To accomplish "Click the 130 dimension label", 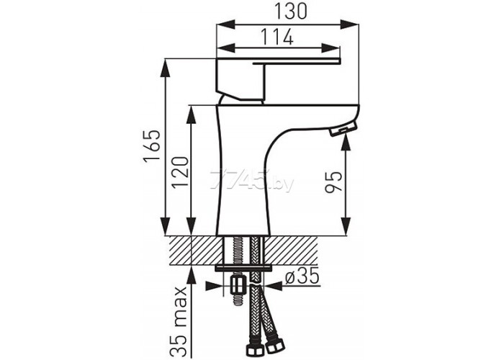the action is (291, 12).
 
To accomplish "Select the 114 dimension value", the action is (276, 37).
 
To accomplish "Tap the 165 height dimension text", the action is (153, 146).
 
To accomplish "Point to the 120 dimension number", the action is (179, 173).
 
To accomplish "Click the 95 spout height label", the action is (333, 182).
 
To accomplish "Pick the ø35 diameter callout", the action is (302, 276).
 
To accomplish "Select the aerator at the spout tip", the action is (343, 130).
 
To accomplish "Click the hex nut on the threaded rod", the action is (238, 285).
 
